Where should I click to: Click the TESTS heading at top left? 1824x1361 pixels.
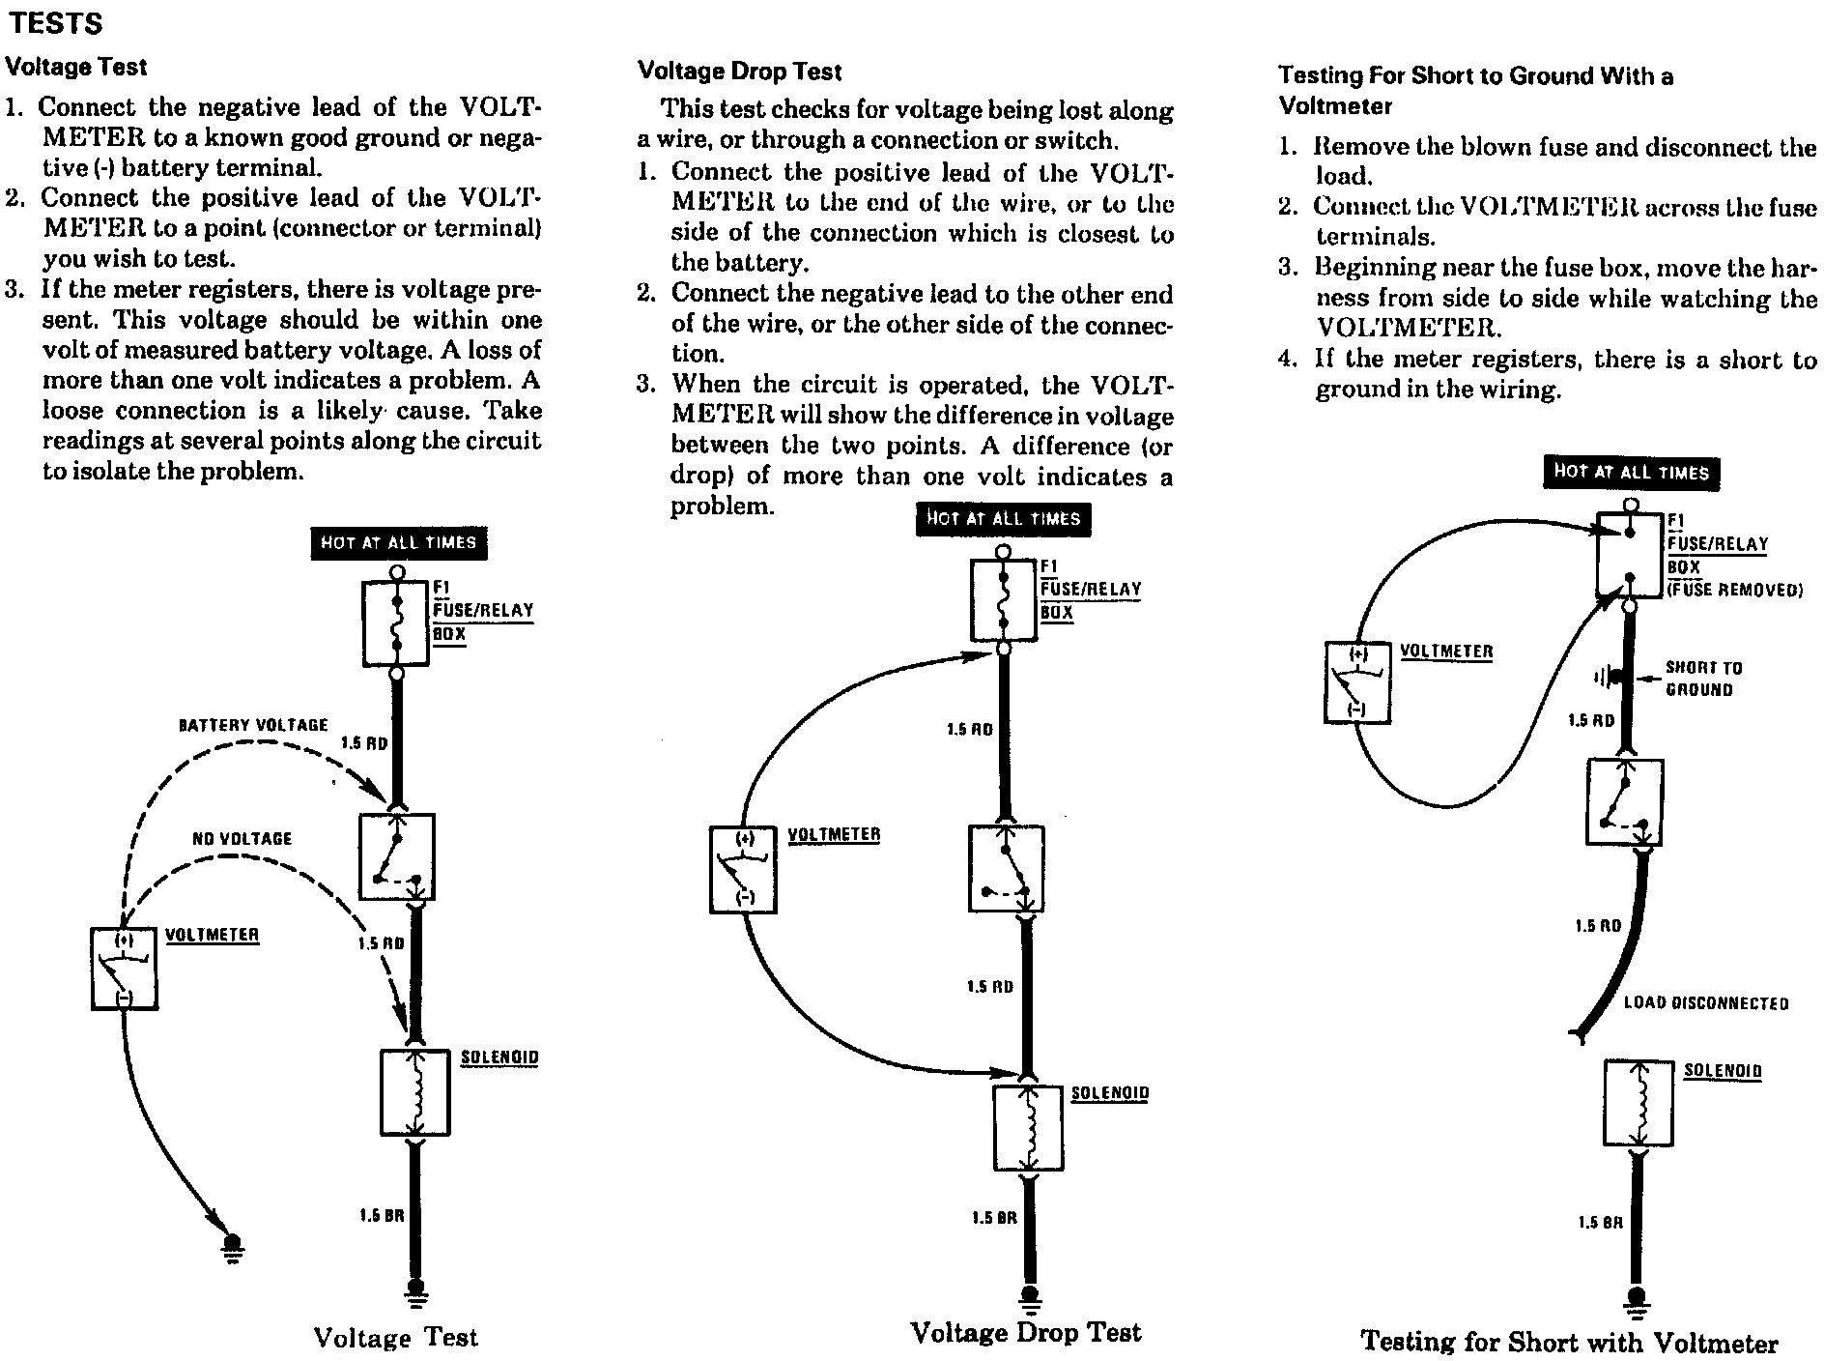click(55, 23)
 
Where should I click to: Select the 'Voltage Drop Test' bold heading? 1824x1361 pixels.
click(739, 72)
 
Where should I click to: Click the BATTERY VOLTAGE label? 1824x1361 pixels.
click(253, 725)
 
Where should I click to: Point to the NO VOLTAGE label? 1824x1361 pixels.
click(242, 839)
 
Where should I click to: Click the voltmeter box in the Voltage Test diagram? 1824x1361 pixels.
click(124, 969)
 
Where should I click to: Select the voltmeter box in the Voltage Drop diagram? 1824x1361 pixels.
click(743, 869)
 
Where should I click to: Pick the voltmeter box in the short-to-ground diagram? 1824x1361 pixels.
click(1357, 682)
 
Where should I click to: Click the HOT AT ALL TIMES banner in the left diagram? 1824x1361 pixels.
click(398, 543)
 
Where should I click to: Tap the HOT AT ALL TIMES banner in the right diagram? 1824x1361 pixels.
click(1631, 472)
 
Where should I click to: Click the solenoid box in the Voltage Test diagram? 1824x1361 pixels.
click(415, 1092)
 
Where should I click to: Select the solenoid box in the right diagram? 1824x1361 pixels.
click(1639, 1103)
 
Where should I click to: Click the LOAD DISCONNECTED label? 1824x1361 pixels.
click(1705, 1003)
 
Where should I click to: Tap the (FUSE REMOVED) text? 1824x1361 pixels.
click(1735, 591)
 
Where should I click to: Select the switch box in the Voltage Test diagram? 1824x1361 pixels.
click(396, 857)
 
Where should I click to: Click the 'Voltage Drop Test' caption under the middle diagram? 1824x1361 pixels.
click(1026, 1333)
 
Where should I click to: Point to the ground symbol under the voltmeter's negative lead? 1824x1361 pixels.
click(232, 1248)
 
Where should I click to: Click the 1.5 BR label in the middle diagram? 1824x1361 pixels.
click(994, 1218)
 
